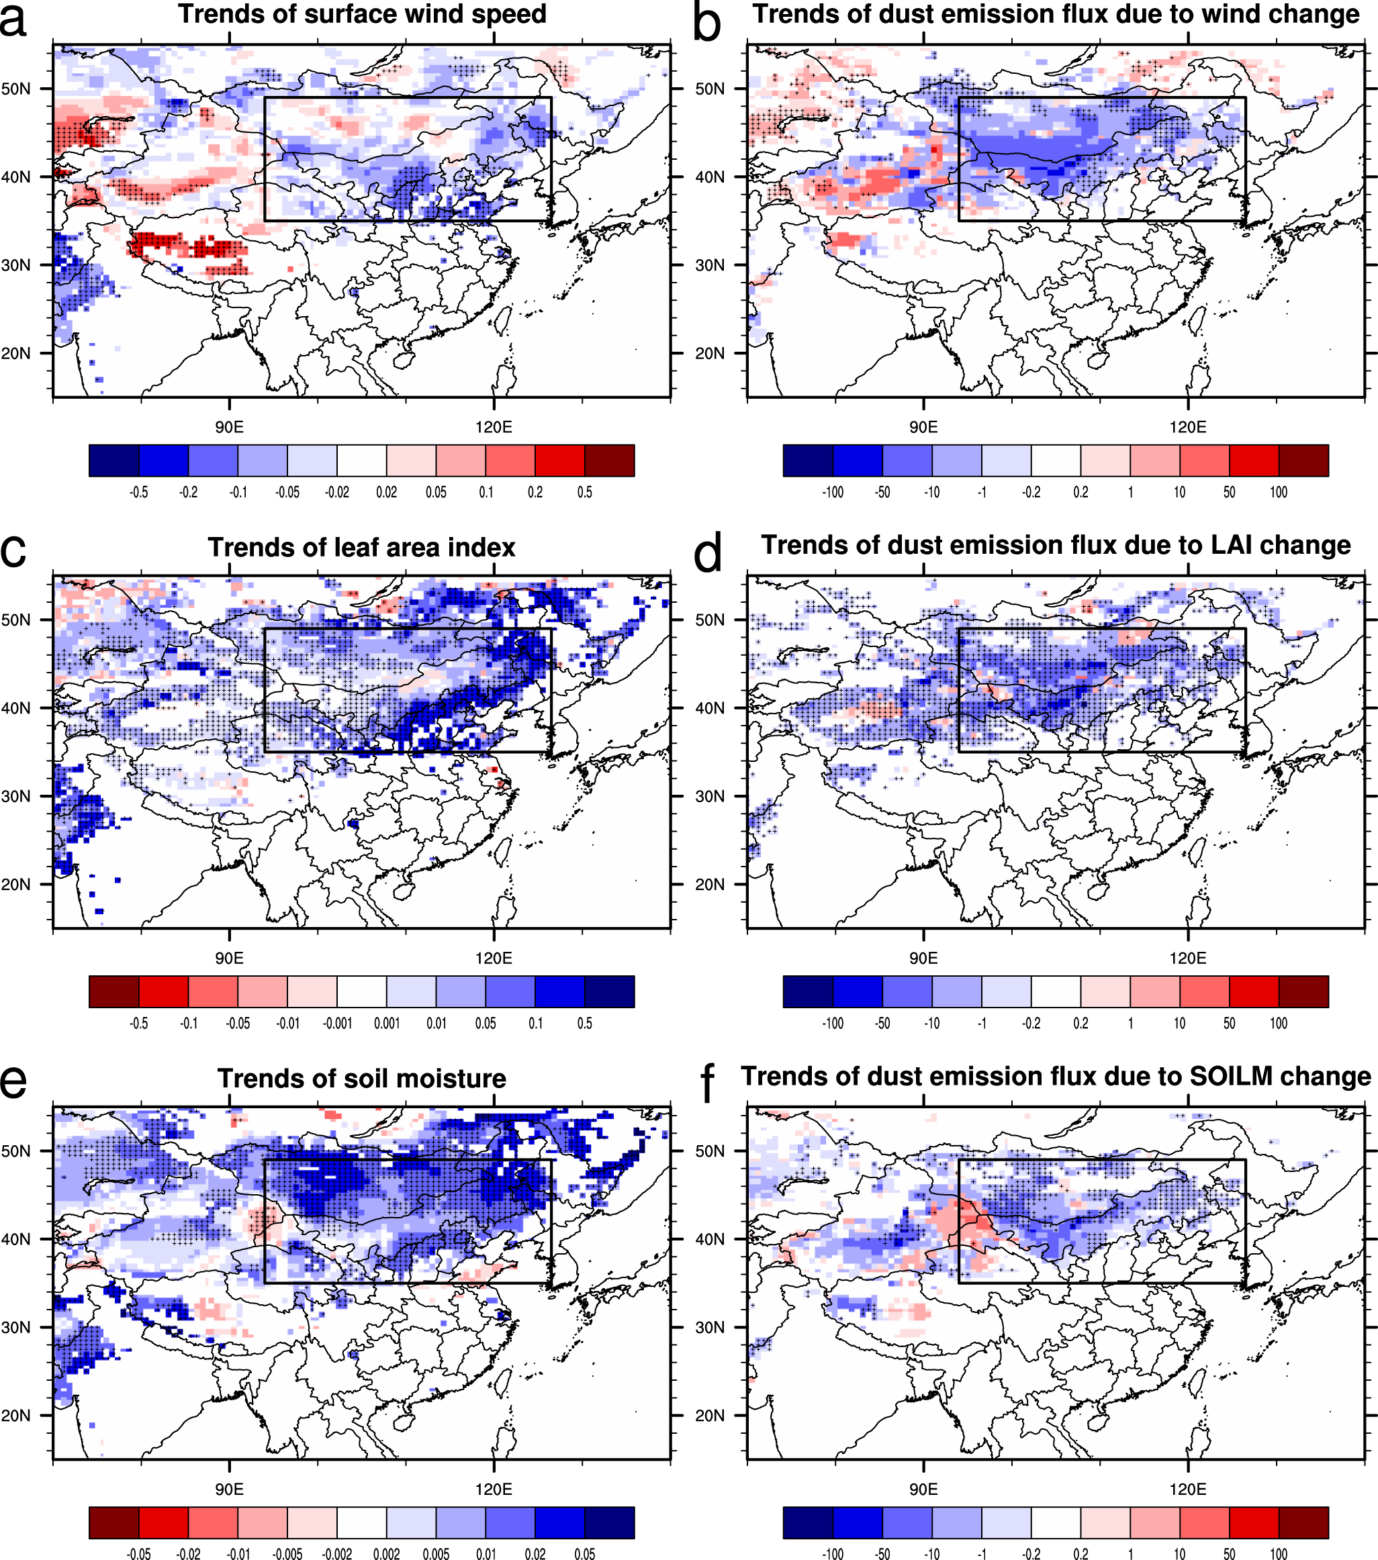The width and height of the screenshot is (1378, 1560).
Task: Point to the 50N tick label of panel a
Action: pos(16,89)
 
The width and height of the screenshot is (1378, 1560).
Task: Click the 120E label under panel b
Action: pos(1187,427)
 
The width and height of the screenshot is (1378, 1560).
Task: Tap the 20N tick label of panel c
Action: pos(16,885)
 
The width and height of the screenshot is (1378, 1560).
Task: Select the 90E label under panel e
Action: pos(229,1489)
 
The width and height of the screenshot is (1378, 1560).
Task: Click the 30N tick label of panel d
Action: pos(710,796)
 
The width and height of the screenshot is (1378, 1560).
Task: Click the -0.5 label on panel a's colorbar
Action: pos(138,492)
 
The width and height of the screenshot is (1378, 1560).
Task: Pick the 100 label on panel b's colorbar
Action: pos(1279,492)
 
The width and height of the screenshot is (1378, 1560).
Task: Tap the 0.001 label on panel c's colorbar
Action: pos(386,1024)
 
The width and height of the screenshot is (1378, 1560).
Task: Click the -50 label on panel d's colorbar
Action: pos(882,1024)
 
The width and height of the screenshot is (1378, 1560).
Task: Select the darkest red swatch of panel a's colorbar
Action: pos(609,460)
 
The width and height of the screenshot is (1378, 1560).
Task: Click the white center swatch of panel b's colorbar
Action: pos(1056,460)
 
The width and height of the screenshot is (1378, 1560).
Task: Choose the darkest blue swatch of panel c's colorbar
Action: pos(609,991)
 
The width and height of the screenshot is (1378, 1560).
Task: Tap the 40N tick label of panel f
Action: pos(710,1238)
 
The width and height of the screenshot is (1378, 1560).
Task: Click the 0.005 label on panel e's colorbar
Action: pos(436,1553)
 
